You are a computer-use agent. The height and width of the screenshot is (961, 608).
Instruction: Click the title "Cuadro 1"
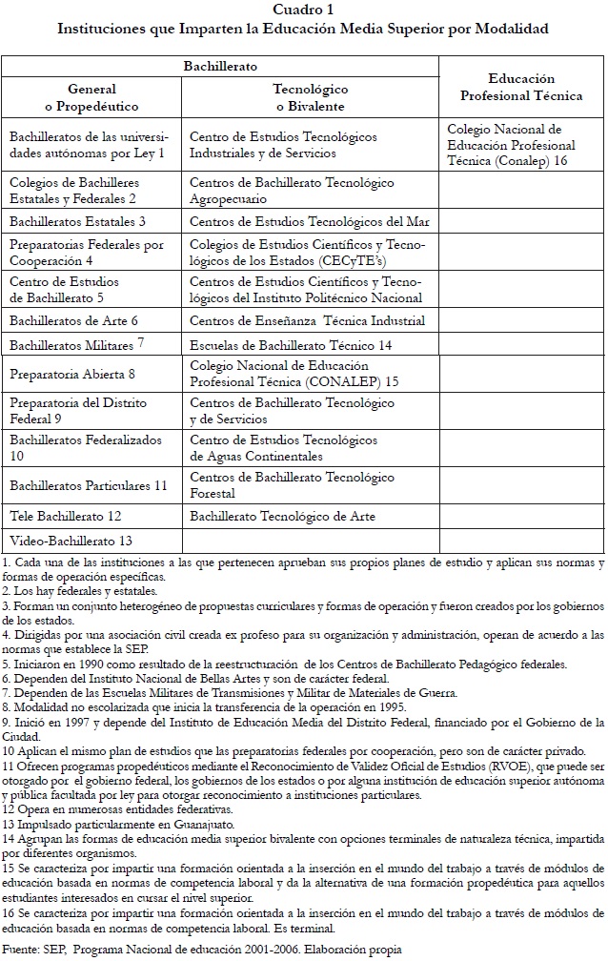coord(303,9)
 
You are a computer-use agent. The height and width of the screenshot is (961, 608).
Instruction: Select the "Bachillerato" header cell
coord(220,66)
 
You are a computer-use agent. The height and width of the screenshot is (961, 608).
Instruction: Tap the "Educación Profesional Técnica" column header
coord(521,87)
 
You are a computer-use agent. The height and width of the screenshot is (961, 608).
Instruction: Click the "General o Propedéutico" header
coord(91,96)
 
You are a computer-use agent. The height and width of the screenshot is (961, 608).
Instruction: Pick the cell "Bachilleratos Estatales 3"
coord(77,221)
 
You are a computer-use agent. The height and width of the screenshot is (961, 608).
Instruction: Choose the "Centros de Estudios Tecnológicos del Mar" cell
coord(309,221)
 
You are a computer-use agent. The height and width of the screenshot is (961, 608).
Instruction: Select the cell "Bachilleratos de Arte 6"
coord(74,320)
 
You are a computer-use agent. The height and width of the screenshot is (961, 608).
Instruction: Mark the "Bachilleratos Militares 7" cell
coord(76,344)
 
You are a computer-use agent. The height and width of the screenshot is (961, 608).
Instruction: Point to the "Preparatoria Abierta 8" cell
coord(72,374)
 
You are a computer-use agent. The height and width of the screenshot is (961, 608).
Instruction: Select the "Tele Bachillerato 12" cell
coord(66,516)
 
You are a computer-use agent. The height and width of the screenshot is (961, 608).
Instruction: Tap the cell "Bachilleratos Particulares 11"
coord(88,485)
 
